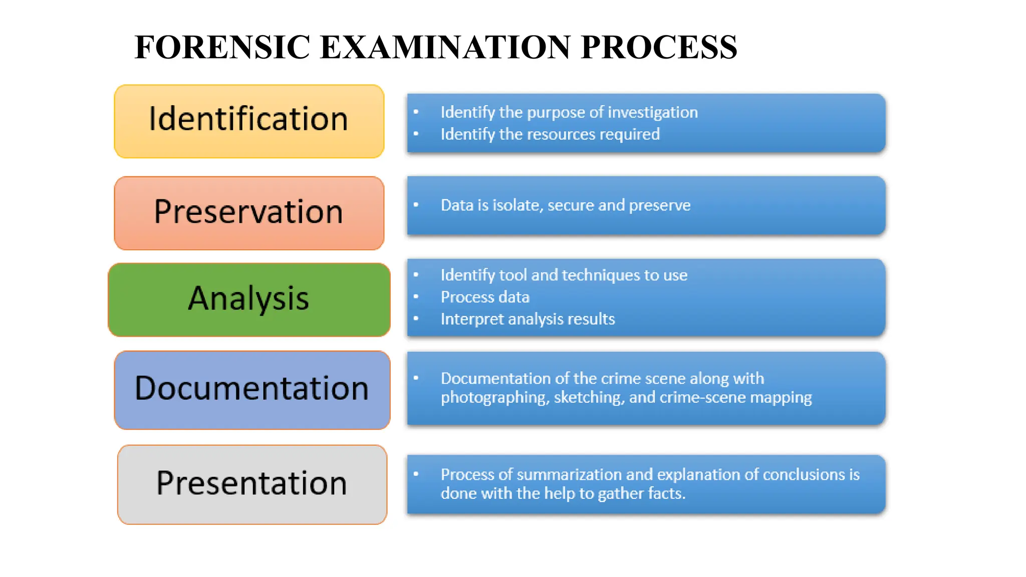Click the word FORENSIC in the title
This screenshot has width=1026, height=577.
222,47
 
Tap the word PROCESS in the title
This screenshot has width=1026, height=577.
659,47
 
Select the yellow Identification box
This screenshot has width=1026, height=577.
249,121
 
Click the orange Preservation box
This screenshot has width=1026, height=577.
249,213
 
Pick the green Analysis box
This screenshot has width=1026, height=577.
249,300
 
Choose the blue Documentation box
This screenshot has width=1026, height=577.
252,390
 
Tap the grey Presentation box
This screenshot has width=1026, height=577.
252,484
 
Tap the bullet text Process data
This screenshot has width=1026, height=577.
485,297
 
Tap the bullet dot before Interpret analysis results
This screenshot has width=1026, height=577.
416,319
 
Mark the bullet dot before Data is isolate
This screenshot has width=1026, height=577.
416,204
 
